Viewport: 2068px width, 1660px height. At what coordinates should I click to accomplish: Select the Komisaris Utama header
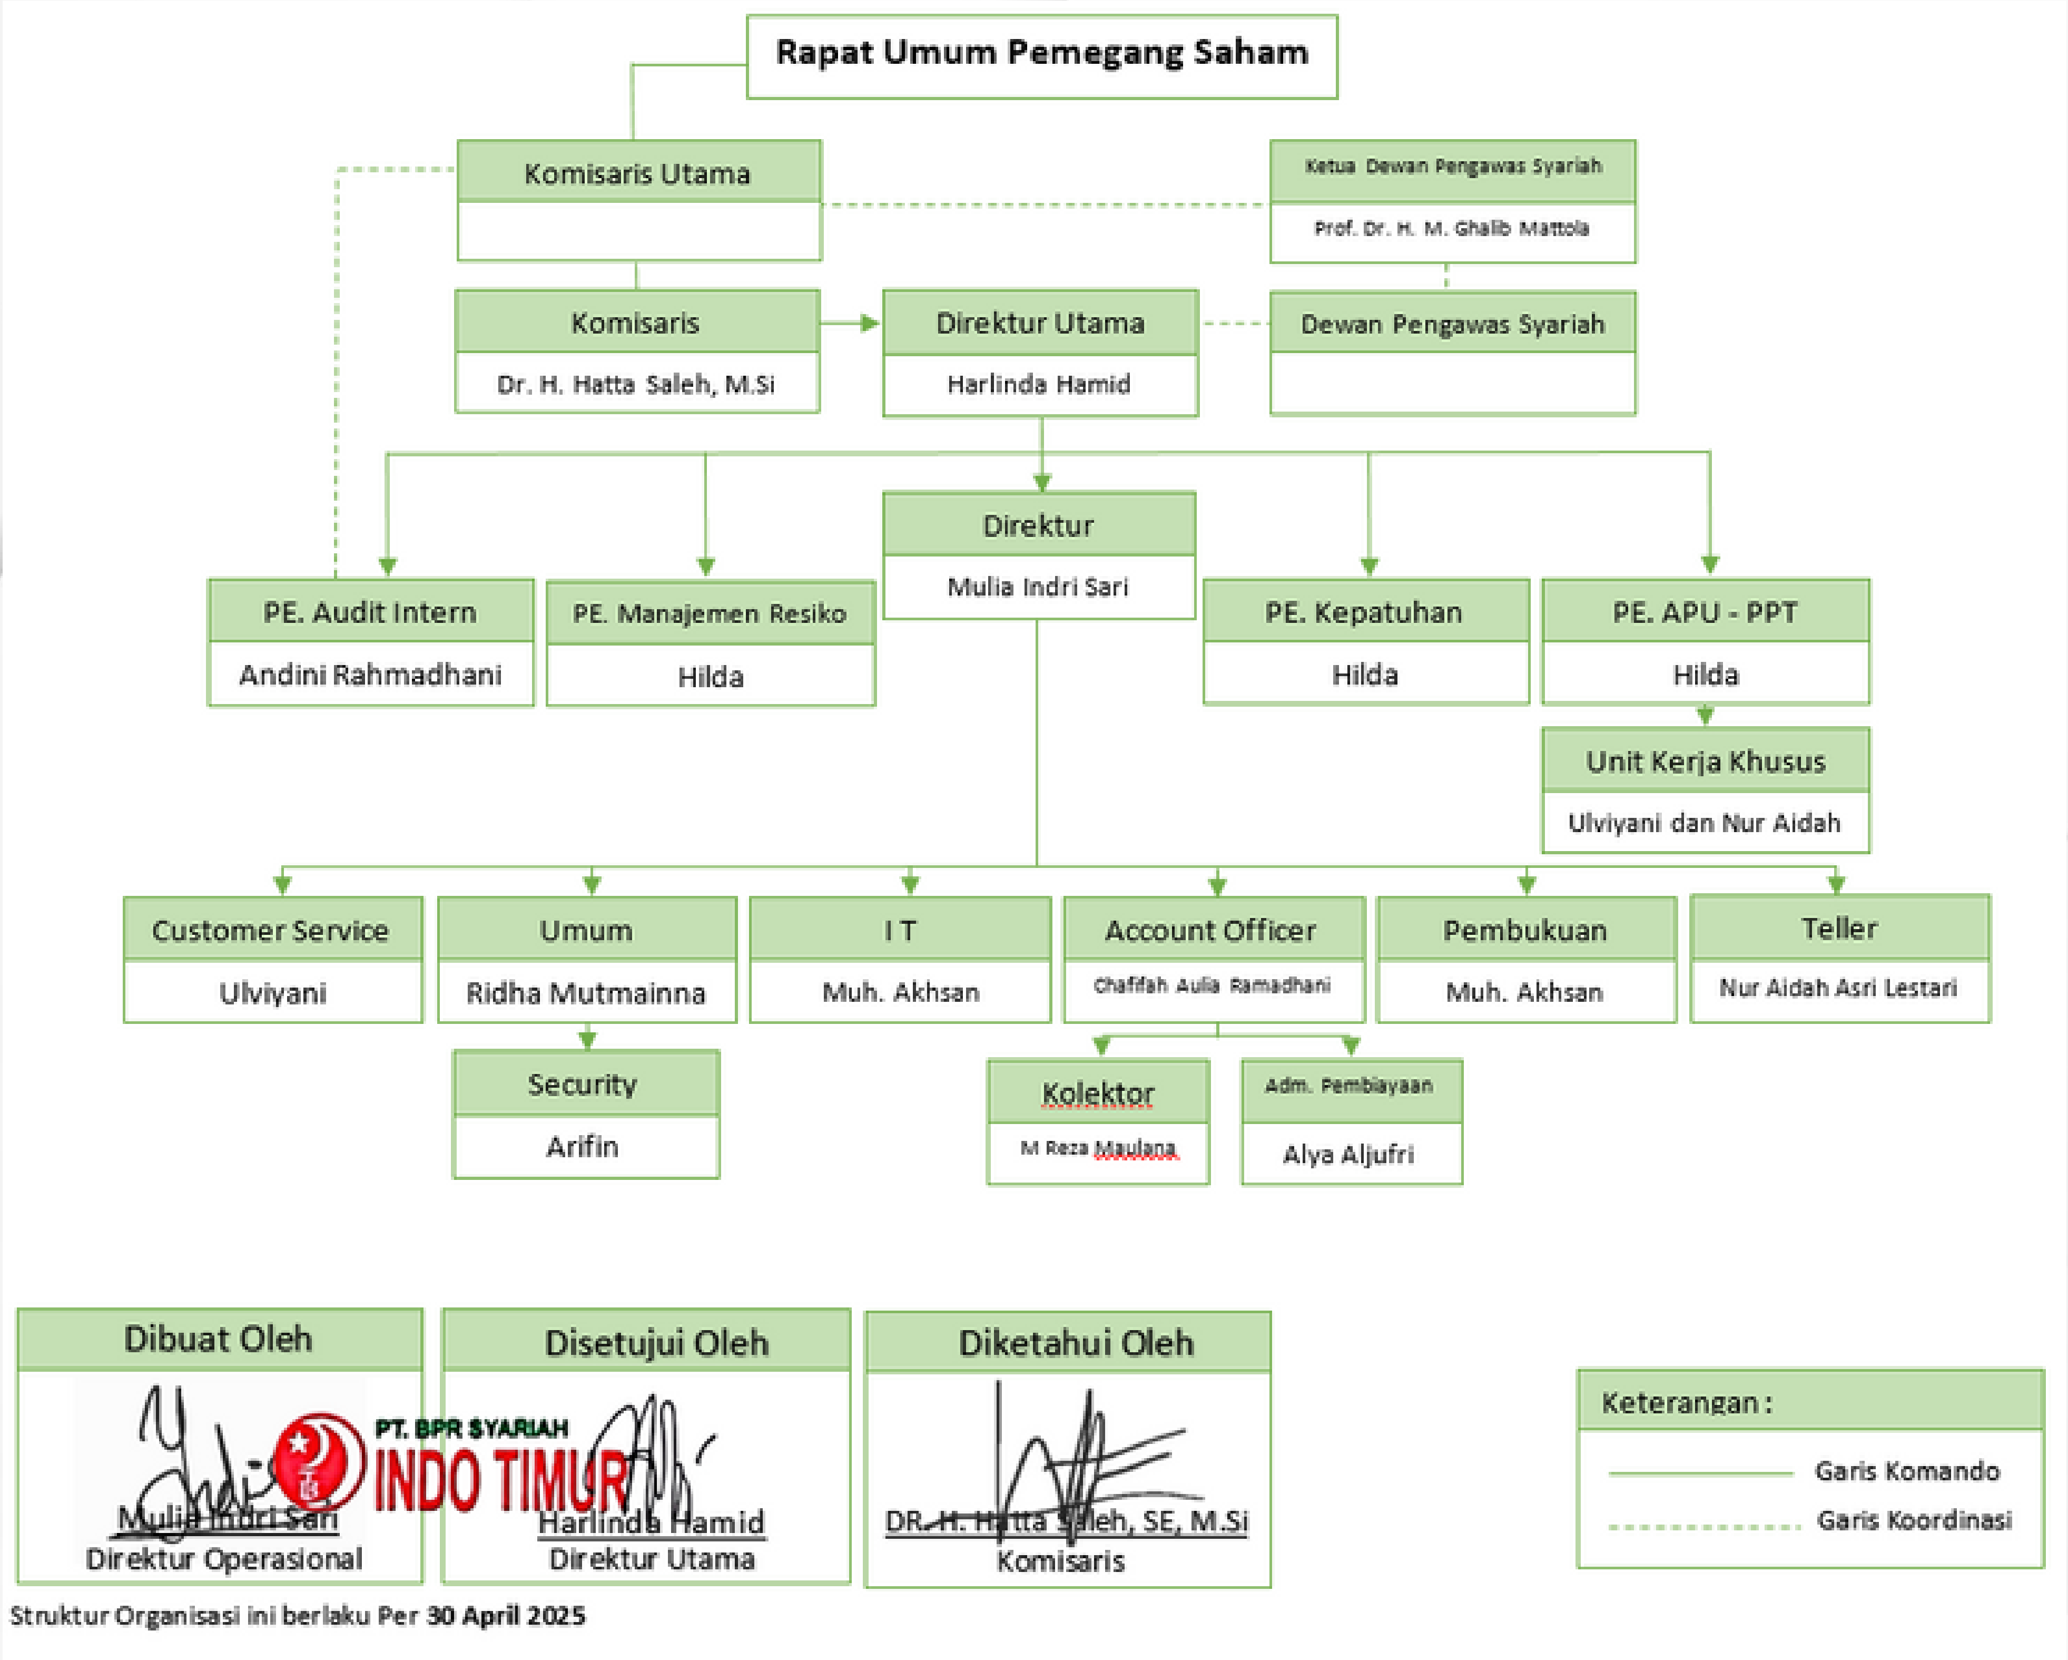[x=638, y=173]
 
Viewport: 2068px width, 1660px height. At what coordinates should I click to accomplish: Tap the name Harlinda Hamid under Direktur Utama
[x=1039, y=384]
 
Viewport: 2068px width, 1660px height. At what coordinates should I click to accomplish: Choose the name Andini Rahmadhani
[x=370, y=675]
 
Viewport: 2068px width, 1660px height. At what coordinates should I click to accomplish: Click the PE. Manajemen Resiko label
[x=710, y=613]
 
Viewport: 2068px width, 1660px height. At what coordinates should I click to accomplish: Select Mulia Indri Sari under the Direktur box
[x=1038, y=587]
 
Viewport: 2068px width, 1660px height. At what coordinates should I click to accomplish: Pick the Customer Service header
[x=271, y=930]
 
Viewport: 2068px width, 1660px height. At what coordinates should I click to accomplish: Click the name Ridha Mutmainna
[x=586, y=992]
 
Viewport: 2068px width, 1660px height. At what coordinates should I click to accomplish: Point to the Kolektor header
[x=1097, y=1093]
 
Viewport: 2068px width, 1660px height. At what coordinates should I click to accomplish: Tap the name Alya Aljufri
[x=1348, y=1154]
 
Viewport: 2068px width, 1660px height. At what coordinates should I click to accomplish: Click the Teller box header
[x=1839, y=928]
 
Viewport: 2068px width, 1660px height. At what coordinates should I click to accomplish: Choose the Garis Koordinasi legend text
[x=1914, y=1520]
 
